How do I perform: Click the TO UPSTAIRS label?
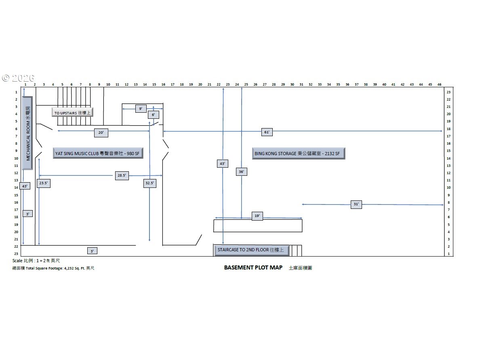(x=72, y=113)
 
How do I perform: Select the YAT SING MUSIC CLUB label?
(x=98, y=154)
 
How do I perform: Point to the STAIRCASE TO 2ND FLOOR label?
(x=251, y=250)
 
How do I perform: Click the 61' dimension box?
(x=267, y=132)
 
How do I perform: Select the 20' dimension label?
(x=101, y=132)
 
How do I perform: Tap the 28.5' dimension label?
(x=122, y=176)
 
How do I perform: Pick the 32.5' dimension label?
(x=149, y=183)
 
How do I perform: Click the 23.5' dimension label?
(x=43, y=183)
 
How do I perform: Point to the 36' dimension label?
(x=241, y=172)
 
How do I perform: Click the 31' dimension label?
(x=356, y=204)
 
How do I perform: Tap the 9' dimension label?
(x=141, y=109)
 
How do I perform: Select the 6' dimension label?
(x=153, y=115)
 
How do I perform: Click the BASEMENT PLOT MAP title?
(x=253, y=267)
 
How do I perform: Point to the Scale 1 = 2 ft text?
(x=36, y=261)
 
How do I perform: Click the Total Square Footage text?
(x=53, y=268)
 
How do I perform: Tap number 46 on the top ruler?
(x=439, y=84)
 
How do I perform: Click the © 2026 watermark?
(x=18, y=78)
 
